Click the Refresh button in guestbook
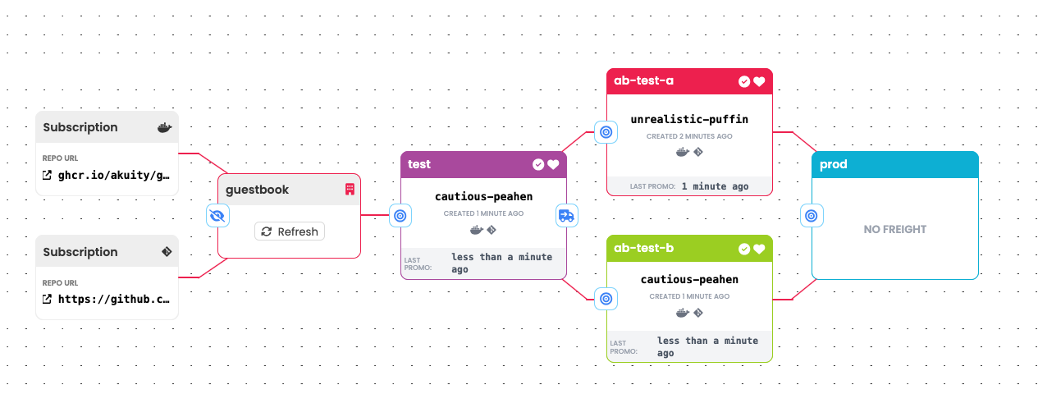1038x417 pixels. tap(290, 231)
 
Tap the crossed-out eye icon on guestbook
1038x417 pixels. tap(217, 216)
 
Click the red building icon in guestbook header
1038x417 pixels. tap(349, 190)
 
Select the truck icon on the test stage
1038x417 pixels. tap(567, 216)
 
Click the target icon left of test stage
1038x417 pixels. tap(400, 216)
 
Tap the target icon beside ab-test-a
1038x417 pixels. tap(606, 131)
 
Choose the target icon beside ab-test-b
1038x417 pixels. tap(606, 299)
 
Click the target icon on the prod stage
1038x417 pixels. tap(811, 216)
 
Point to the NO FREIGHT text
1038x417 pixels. tap(894, 230)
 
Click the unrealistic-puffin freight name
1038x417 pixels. tap(689, 119)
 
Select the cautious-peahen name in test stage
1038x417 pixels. tap(483, 196)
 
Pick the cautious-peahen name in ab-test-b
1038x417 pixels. tap(689, 280)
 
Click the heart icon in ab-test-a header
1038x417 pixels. tap(759, 81)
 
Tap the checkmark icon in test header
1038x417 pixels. tap(538, 164)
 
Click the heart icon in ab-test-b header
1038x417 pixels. tap(759, 249)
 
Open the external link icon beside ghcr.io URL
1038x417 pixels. tap(48, 175)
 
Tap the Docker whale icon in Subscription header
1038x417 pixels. tap(164, 128)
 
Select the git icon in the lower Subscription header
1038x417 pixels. tap(167, 252)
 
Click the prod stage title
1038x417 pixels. tap(834, 164)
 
